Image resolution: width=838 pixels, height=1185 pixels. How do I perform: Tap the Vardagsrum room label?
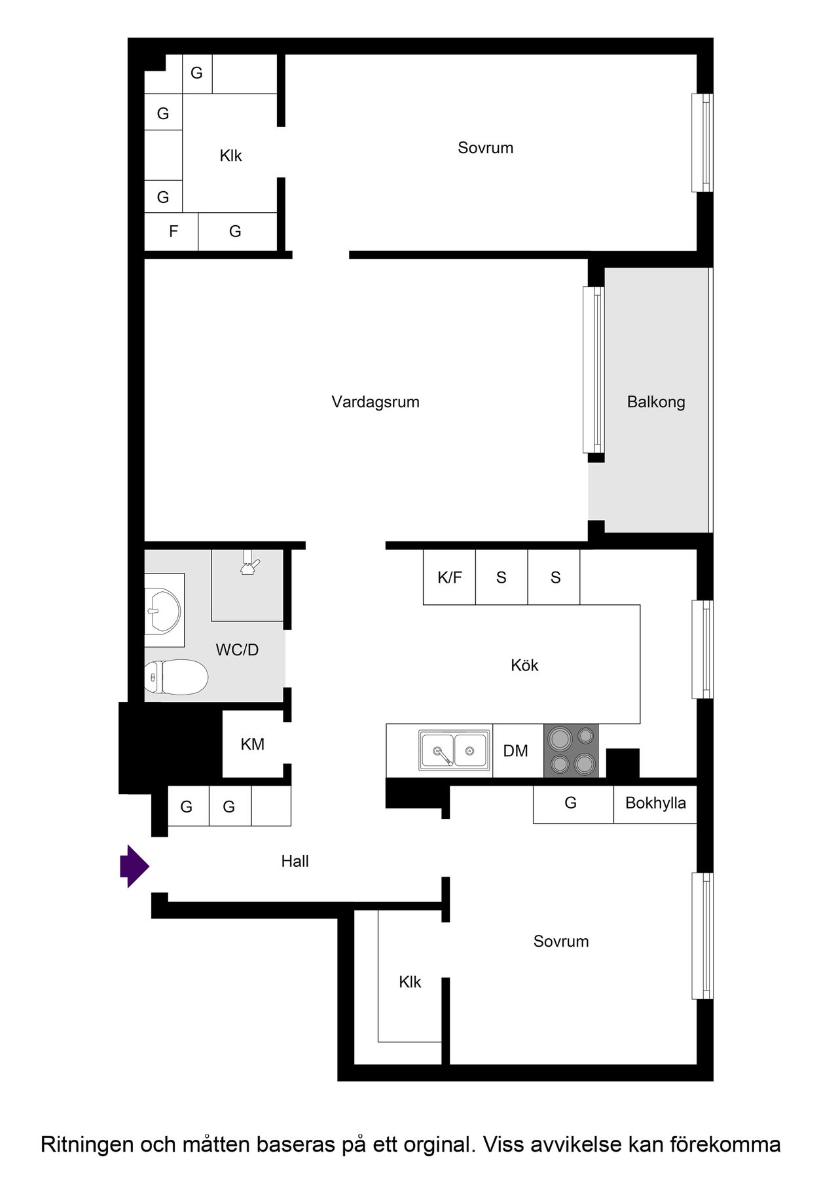coord(375,402)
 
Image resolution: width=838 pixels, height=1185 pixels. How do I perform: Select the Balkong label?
coord(656,402)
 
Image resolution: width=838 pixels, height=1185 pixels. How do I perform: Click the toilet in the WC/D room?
coord(175,677)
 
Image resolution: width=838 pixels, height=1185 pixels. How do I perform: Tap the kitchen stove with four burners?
coord(571,751)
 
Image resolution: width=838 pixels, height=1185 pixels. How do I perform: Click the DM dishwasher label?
coord(515,751)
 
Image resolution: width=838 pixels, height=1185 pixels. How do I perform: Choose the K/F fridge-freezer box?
coord(449,577)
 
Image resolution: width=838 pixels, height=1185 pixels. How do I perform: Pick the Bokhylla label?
coord(655,803)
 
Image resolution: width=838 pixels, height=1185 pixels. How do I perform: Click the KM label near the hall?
coord(252,744)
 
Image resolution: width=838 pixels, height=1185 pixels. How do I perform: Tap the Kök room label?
coord(524,665)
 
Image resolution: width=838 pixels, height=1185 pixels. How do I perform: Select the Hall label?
coord(295,862)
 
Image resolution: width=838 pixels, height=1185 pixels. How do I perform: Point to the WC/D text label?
coord(237,650)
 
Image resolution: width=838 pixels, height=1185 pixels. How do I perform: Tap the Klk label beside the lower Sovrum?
coord(410,982)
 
